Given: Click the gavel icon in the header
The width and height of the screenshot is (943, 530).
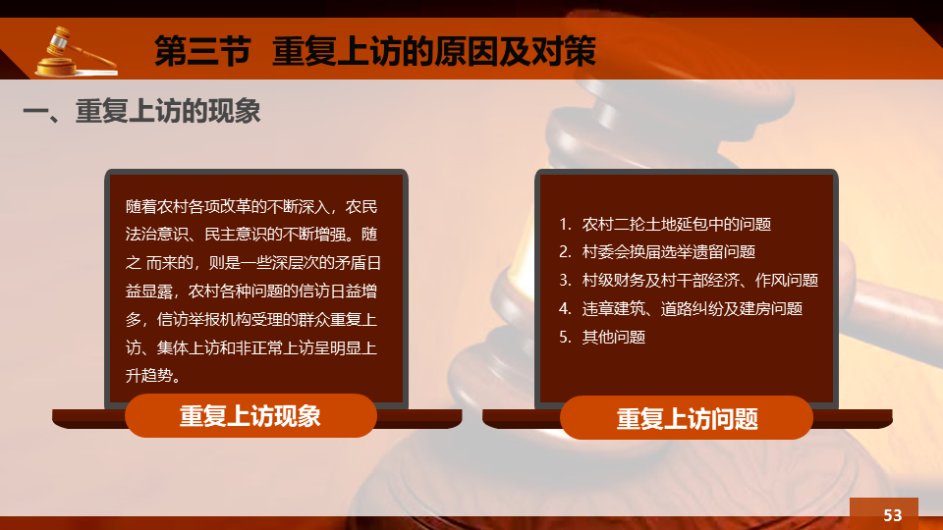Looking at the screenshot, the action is [77, 52].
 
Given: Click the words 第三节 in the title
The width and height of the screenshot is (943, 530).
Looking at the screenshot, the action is [202, 50].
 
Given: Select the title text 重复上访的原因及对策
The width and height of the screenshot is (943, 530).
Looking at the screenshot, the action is [434, 50].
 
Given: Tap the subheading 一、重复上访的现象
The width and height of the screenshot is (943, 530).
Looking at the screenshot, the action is [141, 111].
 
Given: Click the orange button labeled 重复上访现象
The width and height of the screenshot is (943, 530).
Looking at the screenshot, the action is [250, 416].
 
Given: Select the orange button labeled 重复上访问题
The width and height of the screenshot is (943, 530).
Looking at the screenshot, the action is [687, 418].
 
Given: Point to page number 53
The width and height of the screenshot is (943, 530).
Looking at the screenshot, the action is [893, 515].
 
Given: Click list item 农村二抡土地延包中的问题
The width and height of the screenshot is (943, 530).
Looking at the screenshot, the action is [677, 224].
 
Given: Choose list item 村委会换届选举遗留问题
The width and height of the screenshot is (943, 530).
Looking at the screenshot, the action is [669, 252].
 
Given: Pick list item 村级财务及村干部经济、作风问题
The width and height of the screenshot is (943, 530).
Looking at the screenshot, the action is [700, 280].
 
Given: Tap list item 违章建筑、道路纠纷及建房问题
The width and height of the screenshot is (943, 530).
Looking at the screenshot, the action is [693, 309].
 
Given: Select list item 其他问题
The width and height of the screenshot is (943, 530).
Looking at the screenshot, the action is [613, 337].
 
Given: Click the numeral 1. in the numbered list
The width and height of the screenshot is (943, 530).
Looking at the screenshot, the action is [565, 224].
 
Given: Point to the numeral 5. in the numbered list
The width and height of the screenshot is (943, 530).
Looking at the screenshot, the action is [565, 337].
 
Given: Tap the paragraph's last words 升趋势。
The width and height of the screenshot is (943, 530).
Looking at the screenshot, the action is [153, 376].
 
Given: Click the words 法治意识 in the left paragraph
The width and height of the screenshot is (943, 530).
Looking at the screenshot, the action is [157, 235].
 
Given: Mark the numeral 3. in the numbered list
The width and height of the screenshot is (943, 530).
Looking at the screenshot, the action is [565, 280].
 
